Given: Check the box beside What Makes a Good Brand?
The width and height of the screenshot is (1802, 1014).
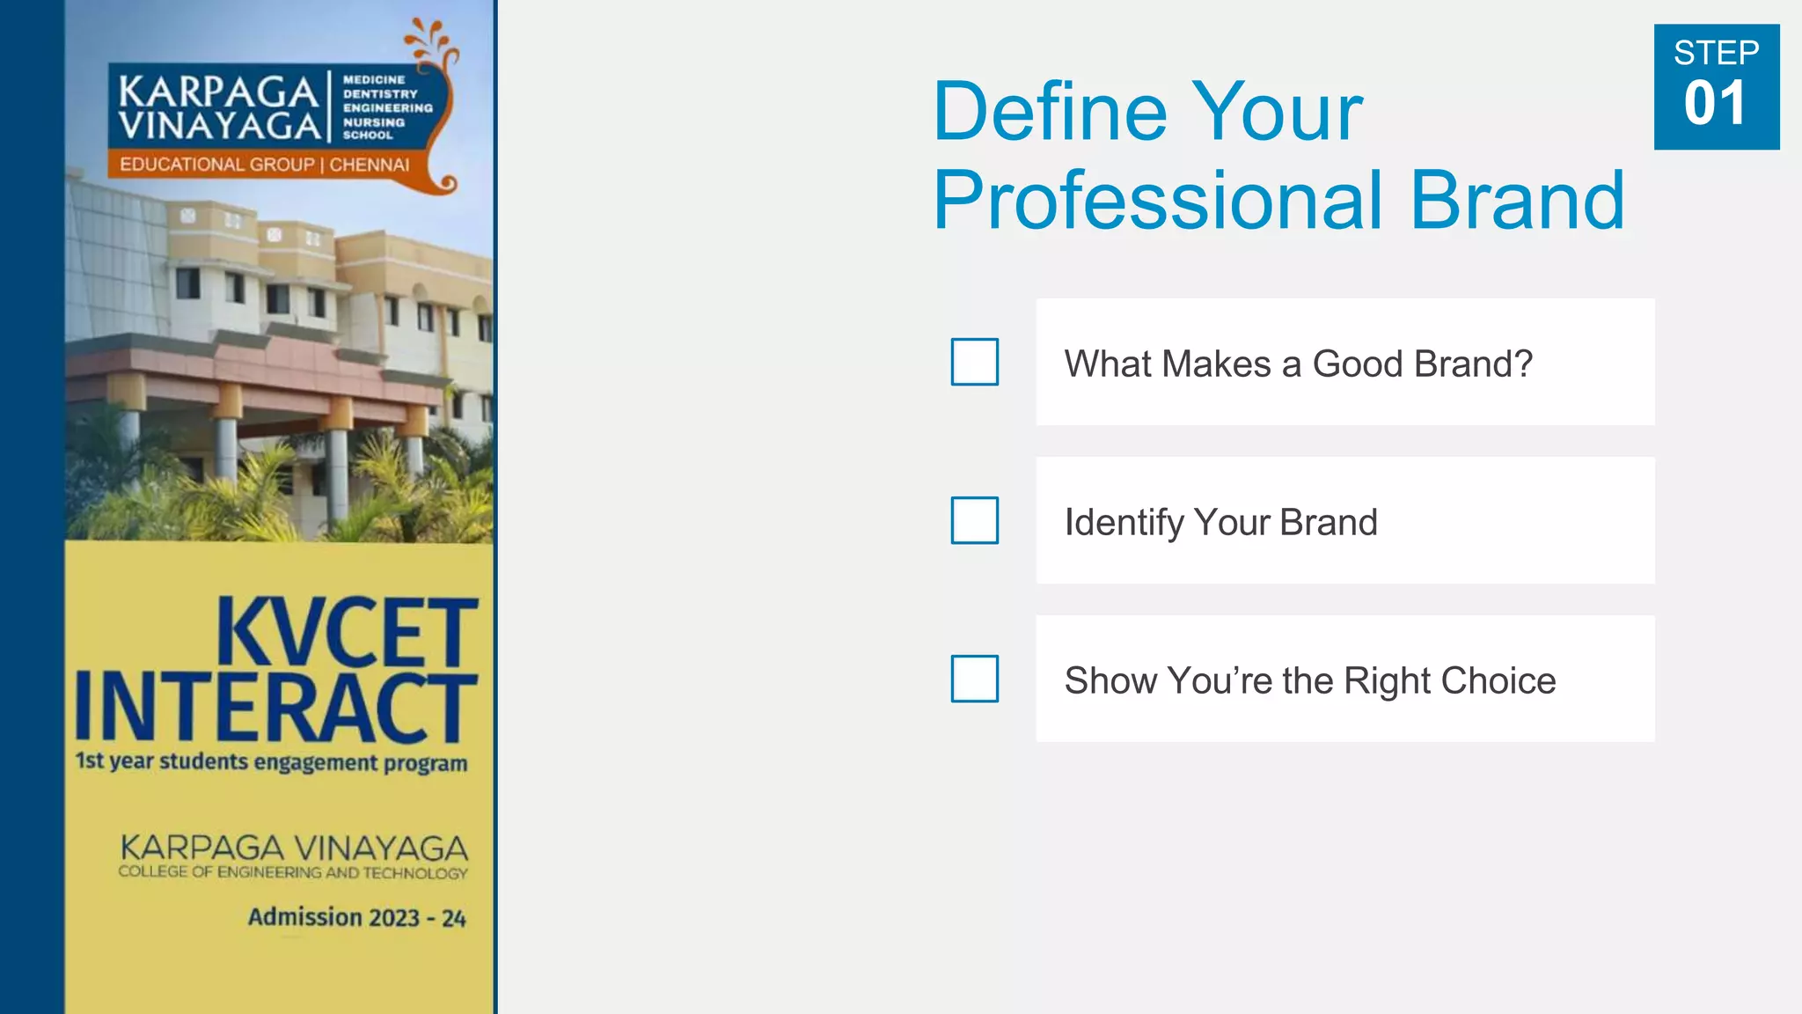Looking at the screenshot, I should pos(974,362).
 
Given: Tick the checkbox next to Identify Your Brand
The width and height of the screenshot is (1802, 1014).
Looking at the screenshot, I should pos(974,520).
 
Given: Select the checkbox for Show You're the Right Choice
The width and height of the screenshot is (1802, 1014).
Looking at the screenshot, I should pos(974,679).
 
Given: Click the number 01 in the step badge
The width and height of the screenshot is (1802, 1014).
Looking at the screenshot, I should pos(1715,104).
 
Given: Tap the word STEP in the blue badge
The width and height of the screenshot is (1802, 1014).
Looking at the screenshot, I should pos(1716,53).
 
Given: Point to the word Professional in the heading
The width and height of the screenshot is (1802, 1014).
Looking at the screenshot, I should pos(1158,201).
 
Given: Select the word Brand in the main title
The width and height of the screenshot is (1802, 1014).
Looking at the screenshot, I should pos(1517,201).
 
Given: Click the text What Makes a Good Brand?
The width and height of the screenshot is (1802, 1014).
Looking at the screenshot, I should pos(1298,364).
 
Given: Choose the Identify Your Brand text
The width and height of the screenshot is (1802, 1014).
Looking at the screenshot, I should pos(1220,522).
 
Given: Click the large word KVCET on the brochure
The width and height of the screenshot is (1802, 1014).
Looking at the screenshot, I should pos(347,632).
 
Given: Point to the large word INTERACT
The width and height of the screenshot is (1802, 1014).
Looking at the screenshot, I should pos(275,708).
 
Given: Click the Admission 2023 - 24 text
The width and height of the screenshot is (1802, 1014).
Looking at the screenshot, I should pos(356,917).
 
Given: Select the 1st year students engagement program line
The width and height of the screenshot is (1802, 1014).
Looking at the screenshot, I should pos(271,761).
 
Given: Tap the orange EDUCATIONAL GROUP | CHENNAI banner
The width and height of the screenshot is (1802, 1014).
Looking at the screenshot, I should pos(264,165).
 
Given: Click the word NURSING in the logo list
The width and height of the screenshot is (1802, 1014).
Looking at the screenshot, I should pos(373,122).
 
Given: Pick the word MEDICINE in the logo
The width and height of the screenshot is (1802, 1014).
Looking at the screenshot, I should pos(373,79).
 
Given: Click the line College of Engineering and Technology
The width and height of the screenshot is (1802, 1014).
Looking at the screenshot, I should pos(293,872).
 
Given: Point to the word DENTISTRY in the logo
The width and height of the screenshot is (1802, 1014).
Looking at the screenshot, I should pos(379,93).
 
